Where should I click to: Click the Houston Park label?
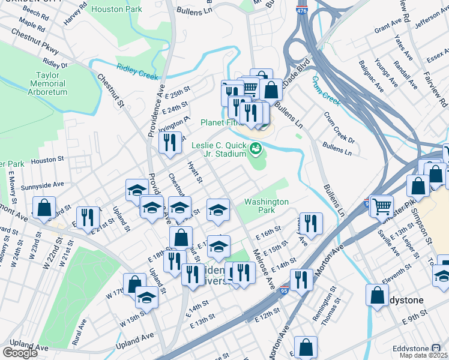coord(117,9)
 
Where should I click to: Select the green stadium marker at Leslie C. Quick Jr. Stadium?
coord(256,147)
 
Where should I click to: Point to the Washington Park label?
coord(266,206)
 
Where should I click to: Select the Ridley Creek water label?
coord(137,72)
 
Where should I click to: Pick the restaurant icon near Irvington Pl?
coord(170,142)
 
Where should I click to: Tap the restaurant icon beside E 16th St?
coord(311,223)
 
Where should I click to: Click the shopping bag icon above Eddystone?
coord(377,295)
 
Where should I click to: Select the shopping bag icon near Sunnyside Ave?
coord(44,208)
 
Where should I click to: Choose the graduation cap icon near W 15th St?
coord(146,297)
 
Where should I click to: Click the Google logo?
coord(20,352)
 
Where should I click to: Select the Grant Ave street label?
coord(387,28)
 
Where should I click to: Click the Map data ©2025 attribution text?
coord(423,355)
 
